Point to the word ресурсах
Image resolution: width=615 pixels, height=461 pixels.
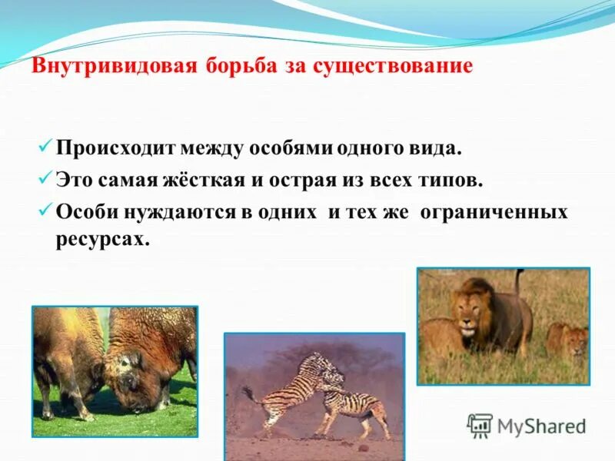(x=100, y=239)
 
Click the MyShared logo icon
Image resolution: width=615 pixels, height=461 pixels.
(x=480, y=425)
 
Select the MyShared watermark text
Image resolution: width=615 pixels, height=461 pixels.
(x=541, y=426)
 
